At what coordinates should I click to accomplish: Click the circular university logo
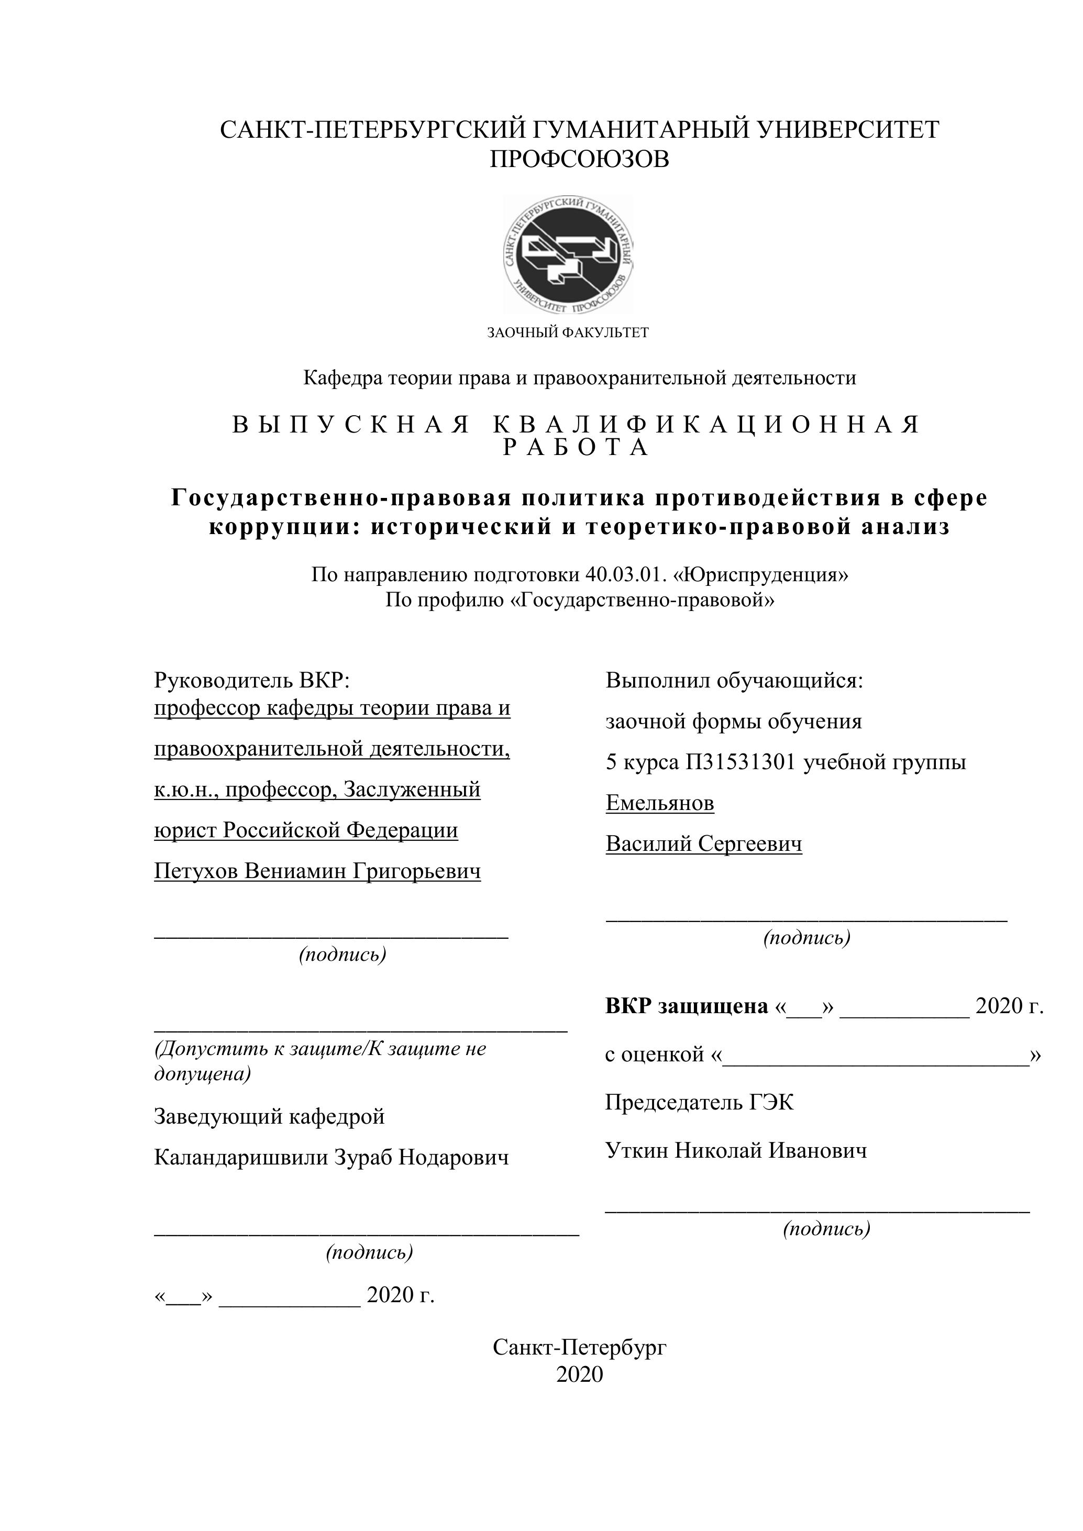[x=568, y=254]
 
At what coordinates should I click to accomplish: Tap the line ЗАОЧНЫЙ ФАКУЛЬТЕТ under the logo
[x=568, y=332]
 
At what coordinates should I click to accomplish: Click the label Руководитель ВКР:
[x=251, y=680]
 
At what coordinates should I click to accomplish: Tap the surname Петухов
[x=195, y=871]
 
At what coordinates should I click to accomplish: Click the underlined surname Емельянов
[x=659, y=803]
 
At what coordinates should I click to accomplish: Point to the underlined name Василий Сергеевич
[x=703, y=844]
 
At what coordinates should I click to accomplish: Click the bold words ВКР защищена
[x=687, y=1005]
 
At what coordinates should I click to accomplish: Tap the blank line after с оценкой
[x=876, y=1053]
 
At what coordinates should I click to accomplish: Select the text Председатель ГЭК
[x=700, y=1102]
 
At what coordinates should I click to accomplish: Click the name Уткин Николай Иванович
[x=736, y=1150]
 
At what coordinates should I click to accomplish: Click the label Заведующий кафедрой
[x=269, y=1116]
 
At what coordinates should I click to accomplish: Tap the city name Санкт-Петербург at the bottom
[x=579, y=1347]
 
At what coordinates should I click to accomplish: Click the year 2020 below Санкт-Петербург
[x=579, y=1374]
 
